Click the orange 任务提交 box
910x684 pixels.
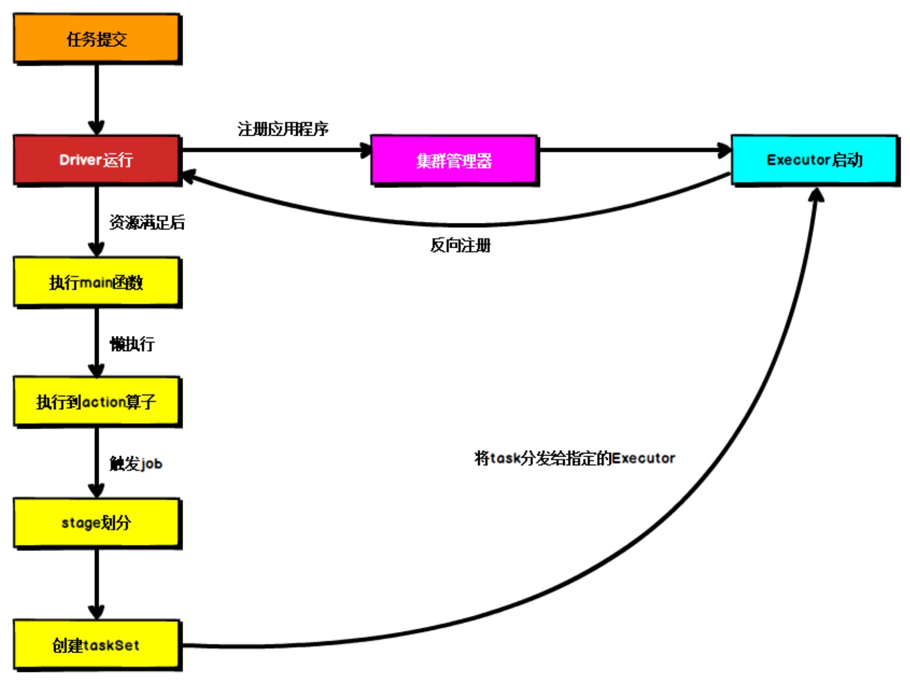(97, 39)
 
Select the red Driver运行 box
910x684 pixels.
(97, 159)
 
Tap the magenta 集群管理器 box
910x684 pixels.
(454, 160)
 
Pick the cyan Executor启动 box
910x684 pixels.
(815, 159)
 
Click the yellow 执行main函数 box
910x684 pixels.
(97, 282)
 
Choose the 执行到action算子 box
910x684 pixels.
(97, 402)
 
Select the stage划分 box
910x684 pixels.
(97, 522)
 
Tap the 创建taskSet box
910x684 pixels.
(97, 644)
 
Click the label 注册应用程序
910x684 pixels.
(283, 129)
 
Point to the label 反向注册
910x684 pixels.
(461, 245)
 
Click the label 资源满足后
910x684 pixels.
(147, 222)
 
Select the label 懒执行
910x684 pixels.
(132, 344)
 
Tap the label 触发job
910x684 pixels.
(136, 463)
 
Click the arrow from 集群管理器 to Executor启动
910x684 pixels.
(634, 149)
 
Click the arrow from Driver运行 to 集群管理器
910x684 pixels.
(276, 149)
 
